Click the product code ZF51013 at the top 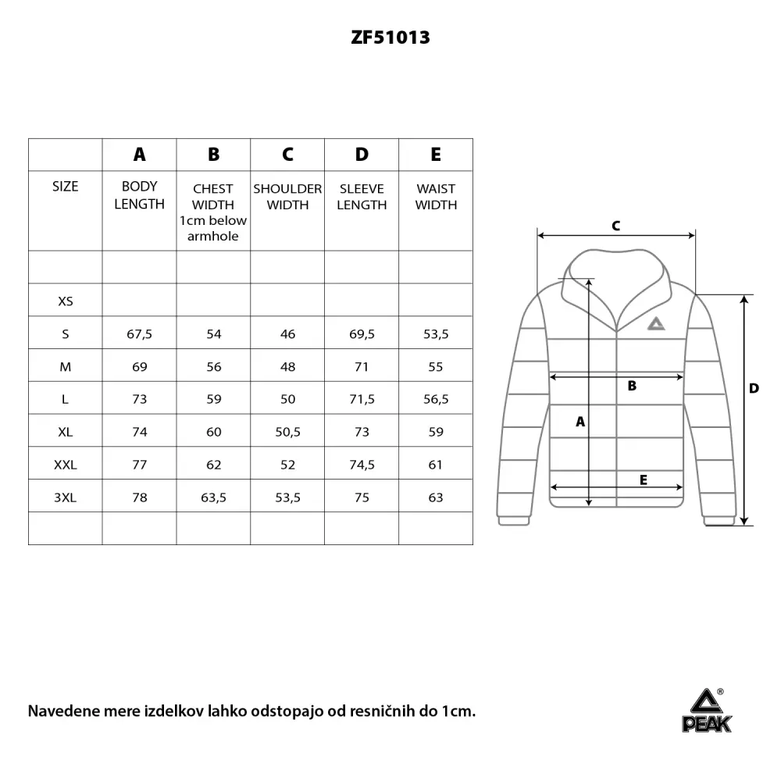[x=390, y=37]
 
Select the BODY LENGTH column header [x=140, y=195]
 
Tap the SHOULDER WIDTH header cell [x=287, y=197]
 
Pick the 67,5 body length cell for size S [x=140, y=334]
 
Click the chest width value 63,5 [x=214, y=497]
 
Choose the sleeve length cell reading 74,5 [x=362, y=465]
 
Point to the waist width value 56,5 [x=436, y=399]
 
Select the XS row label [x=66, y=301]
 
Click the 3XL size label [x=66, y=497]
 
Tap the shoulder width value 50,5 [x=287, y=432]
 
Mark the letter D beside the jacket [x=754, y=388]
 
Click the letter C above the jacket [x=615, y=226]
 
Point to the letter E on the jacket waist [x=643, y=480]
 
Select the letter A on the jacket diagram [x=580, y=422]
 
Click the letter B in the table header [x=214, y=155]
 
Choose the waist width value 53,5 [x=436, y=334]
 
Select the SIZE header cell [x=66, y=187]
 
